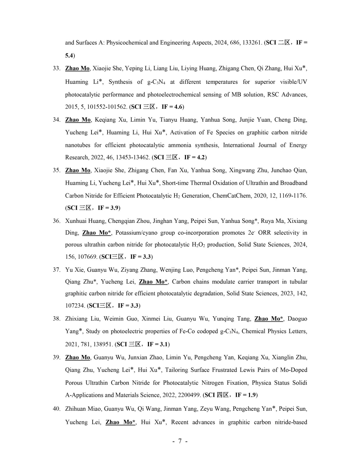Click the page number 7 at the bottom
click(180, 441)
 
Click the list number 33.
click(56, 69)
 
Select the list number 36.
click(56, 221)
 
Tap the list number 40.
click(56, 409)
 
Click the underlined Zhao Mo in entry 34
click(78, 120)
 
